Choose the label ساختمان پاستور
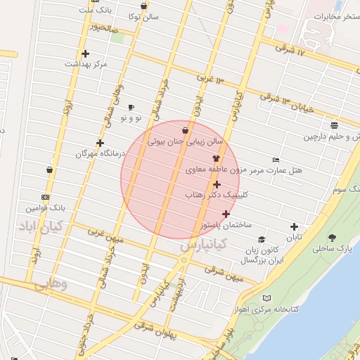coord(224,225)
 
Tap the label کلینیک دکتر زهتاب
coord(216,194)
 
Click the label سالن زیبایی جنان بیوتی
coord(185,141)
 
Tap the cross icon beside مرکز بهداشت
coord(86,53)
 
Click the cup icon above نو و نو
coord(131,107)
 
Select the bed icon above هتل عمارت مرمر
coord(275,160)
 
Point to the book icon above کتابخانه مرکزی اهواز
coord(265,299)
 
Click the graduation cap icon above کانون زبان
coord(262,239)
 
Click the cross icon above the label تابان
coord(294,226)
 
